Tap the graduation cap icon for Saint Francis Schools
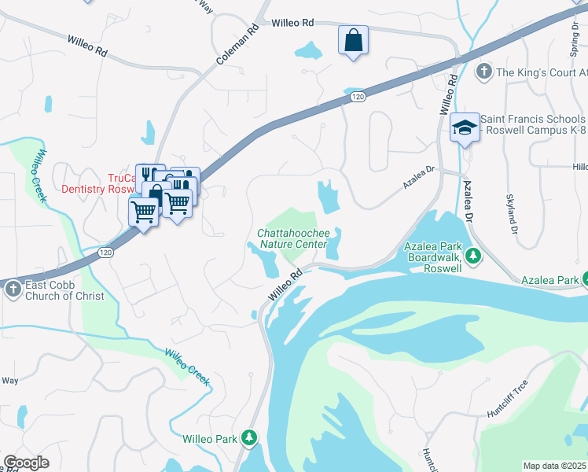(x=465, y=127)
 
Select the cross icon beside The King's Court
(x=484, y=72)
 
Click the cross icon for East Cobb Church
(x=13, y=289)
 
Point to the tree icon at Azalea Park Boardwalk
(x=473, y=256)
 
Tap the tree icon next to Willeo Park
(x=249, y=437)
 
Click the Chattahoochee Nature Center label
(x=291, y=238)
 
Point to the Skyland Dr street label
(x=513, y=215)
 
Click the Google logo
(x=26, y=463)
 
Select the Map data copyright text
(x=555, y=466)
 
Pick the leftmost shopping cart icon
(x=143, y=211)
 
